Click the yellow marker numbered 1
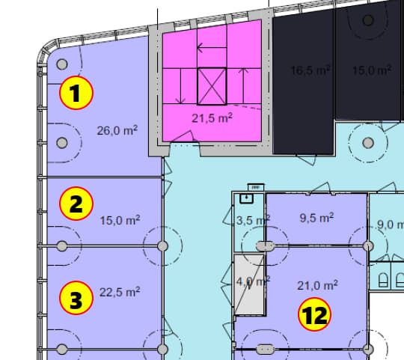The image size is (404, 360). (x=76, y=93)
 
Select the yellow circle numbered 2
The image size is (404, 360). (x=76, y=204)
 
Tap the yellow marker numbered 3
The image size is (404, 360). (x=76, y=298)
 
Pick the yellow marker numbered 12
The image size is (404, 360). (x=314, y=314)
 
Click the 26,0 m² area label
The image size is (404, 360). (x=117, y=130)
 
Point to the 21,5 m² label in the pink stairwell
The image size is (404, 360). (x=212, y=118)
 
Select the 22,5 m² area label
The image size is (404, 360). (x=120, y=292)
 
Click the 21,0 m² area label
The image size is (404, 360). (x=317, y=285)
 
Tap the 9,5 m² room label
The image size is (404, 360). (x=317, y=218)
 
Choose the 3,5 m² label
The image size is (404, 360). (x=253, y=220)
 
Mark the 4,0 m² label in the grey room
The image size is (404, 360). (x=253, y=281)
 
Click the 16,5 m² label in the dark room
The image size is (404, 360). (x=310, y=70)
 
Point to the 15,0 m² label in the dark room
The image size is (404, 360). (x=372, y=70)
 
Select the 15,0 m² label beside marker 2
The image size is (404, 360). (x=120, y=220)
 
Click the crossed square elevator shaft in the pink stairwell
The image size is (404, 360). (x=212, y=86)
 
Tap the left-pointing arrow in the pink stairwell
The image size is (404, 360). (x=212, y=48)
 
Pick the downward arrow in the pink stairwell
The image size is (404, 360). (x=180, y=86)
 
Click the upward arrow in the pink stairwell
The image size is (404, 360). (x=244, y=86)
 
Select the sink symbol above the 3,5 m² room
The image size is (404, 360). (x=247, y=198)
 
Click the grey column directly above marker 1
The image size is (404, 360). (x=62, y=64)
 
